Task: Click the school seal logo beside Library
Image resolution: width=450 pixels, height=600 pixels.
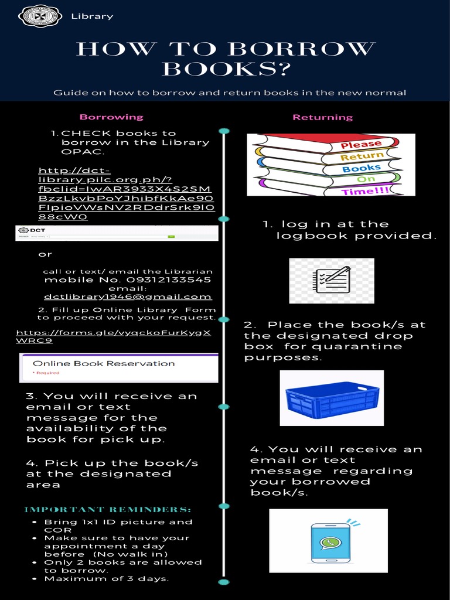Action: [40, 16]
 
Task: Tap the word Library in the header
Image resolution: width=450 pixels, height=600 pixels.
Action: [92, 16]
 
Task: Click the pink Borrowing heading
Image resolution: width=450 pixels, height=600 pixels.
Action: [111, 117]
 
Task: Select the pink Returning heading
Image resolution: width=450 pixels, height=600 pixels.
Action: [323, 117]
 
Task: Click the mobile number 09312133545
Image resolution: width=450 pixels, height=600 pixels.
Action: [128, 279]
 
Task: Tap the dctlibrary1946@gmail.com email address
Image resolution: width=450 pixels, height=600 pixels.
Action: [128, 296]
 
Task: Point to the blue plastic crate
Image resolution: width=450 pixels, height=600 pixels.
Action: [332, 398]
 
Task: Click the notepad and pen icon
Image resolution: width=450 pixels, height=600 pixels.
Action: [332, 280]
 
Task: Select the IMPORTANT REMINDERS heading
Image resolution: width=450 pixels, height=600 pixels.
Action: [108, 509]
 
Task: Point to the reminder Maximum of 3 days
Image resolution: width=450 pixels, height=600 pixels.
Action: [107, 578]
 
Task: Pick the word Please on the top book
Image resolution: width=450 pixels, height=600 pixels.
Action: [361, 144]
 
